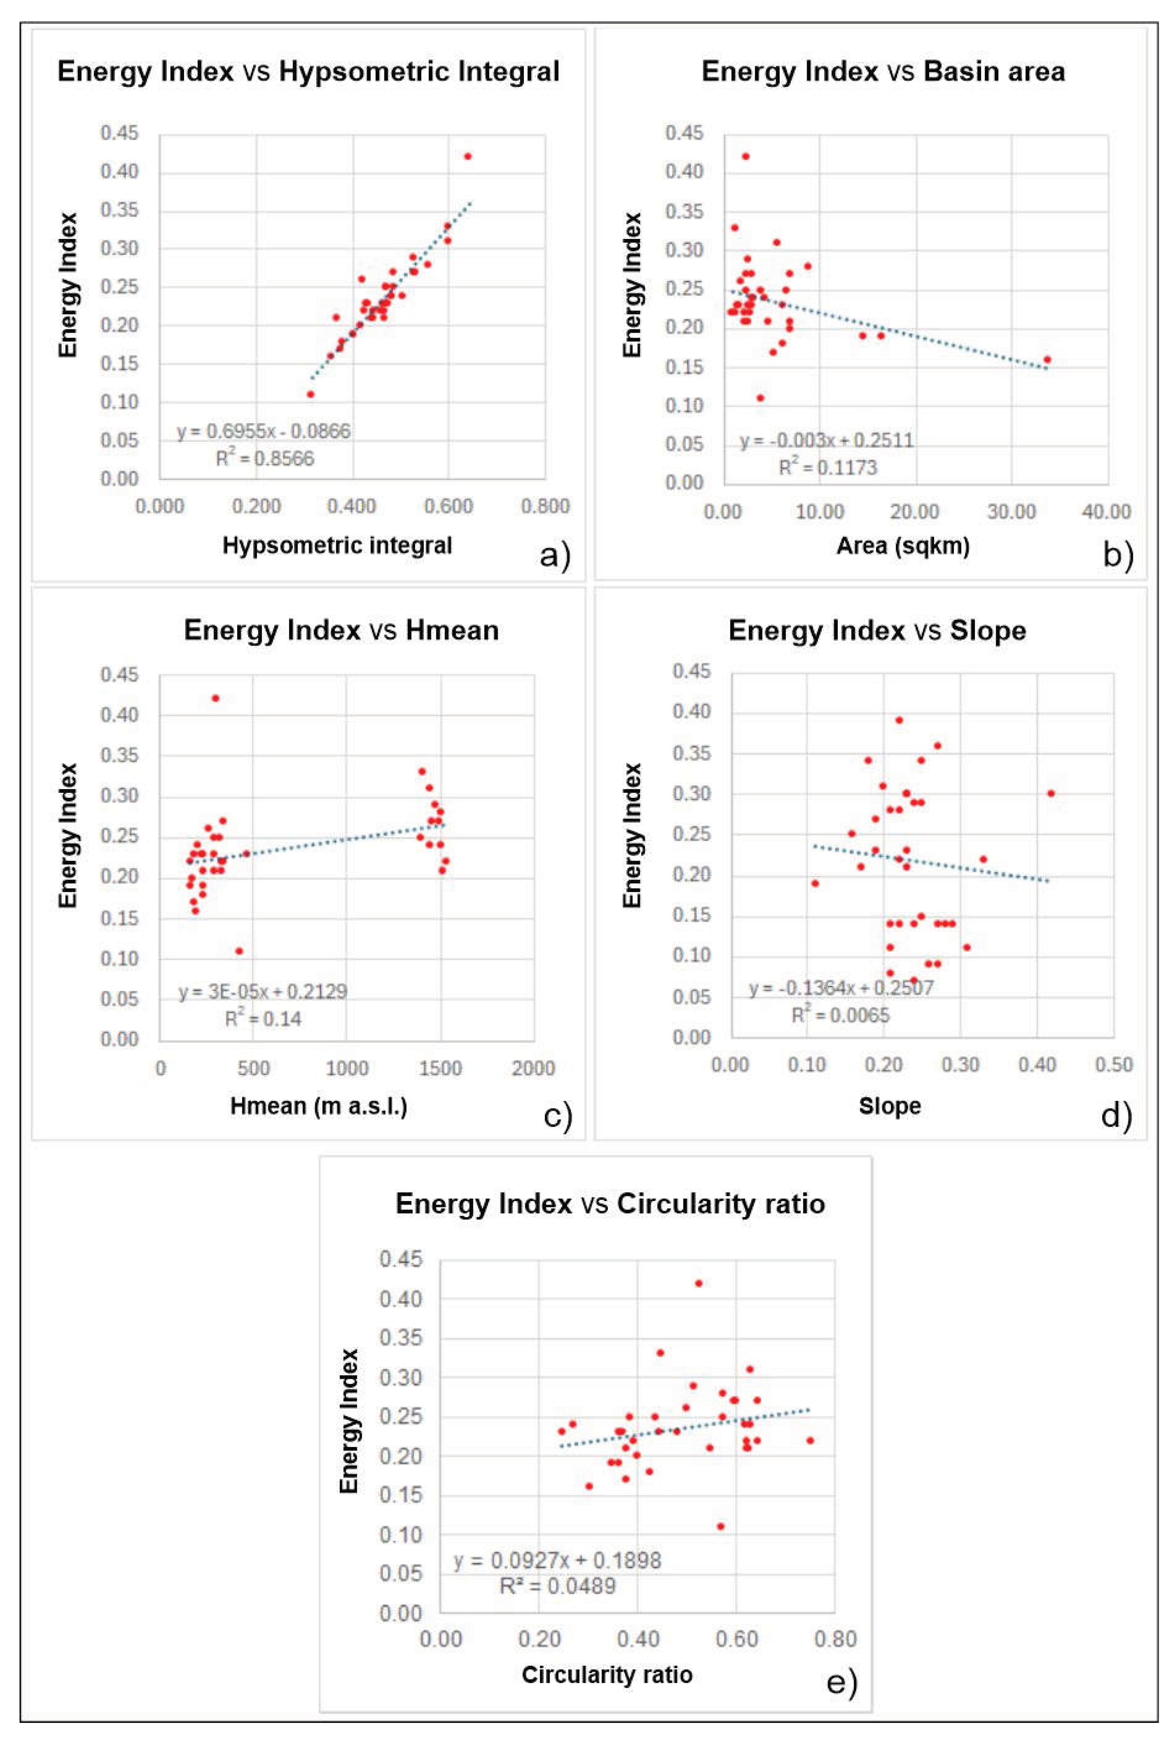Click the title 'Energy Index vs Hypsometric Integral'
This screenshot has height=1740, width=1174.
[x=308, y=72]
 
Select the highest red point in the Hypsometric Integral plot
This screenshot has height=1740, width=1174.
[x=468, y=157]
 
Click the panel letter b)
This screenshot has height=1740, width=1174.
[x=1118, y=555]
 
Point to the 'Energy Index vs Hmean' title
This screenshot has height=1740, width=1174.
[x=341, y=630]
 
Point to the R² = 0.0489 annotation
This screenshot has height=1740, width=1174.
[x=558, y=1586]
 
